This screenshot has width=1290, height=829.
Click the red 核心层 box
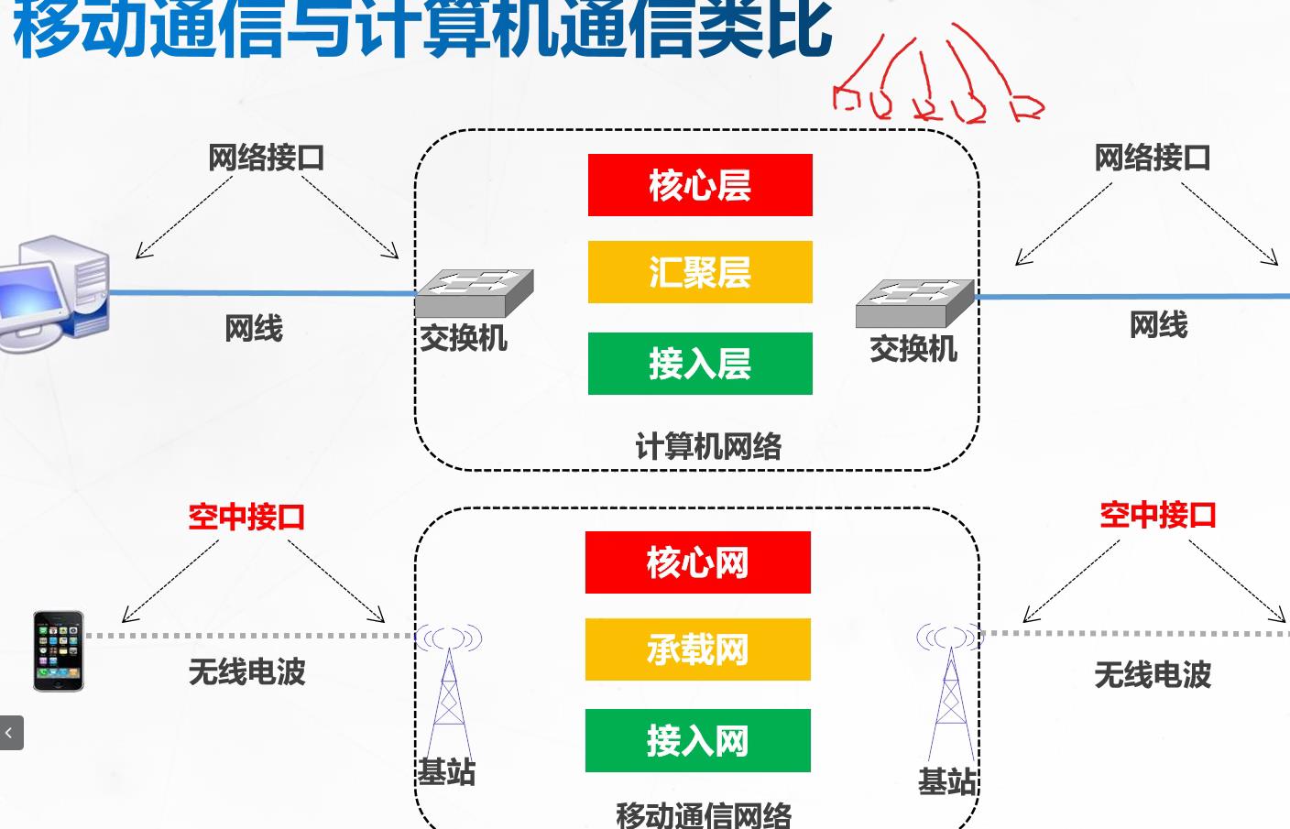[x=700, y=185]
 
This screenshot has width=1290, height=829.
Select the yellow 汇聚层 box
[x=700, y=272]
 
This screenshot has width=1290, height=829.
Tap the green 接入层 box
[x=700, y=364]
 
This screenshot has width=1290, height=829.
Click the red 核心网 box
[x=697, y=562]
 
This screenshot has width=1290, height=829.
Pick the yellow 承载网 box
[x=697, y=649]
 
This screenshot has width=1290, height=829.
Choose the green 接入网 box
[x=697, y=740]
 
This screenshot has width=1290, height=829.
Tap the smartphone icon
[x=58, y=651]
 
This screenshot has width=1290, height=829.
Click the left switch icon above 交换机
[x=474, y=292]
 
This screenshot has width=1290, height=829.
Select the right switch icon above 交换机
[x=914, y=303]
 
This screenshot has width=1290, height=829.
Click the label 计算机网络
[x=708, y=447]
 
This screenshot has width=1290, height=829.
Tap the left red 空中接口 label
[x=246, y=518]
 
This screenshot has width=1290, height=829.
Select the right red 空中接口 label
[x=1157, y=515]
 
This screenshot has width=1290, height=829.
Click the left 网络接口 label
[x=266, y=158]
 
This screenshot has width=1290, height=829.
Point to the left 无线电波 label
[x=246, y=672]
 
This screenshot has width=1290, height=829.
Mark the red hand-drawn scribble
[x=935, y=82]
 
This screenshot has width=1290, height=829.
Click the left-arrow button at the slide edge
[x=10, y=733]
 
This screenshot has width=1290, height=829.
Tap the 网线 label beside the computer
[x=254, y=328]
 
